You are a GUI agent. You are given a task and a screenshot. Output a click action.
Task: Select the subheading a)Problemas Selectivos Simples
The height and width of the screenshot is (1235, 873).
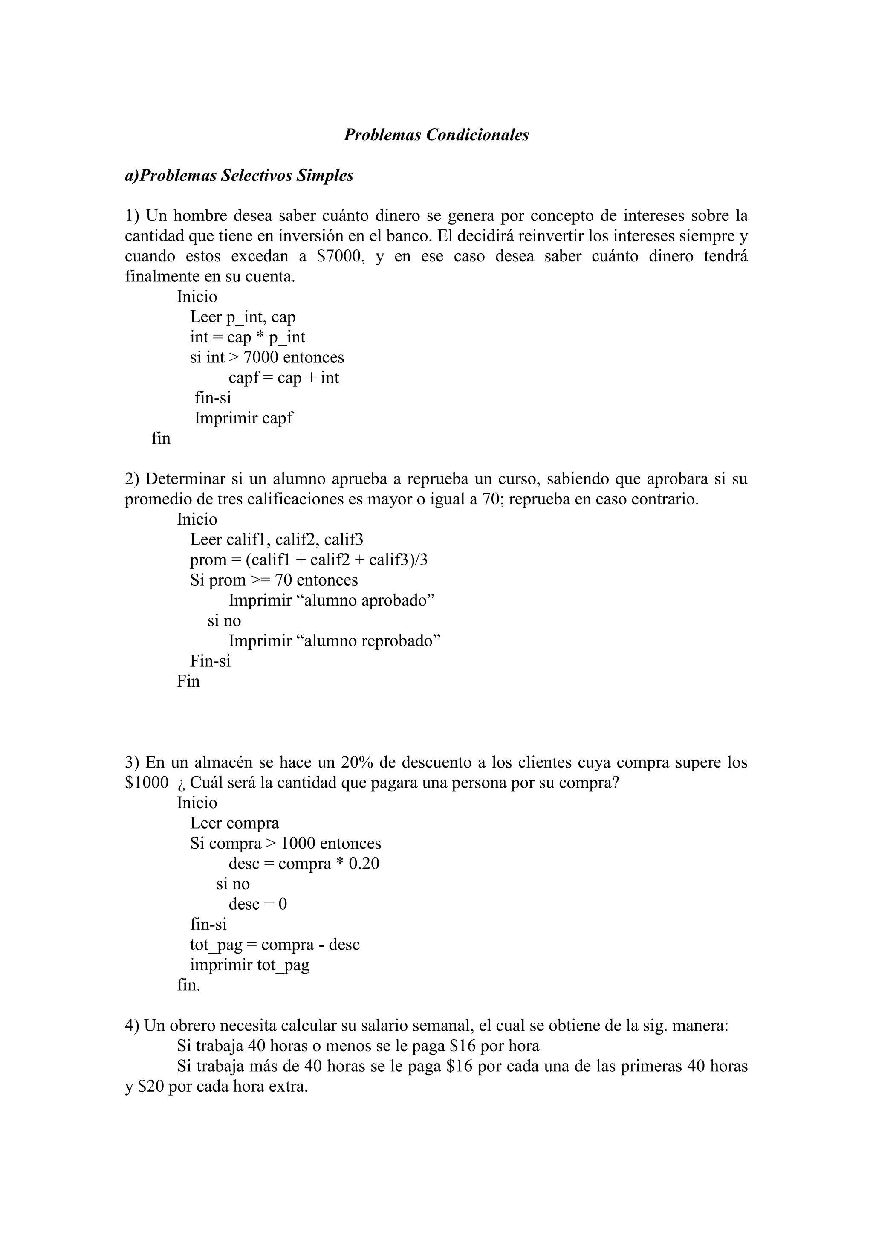pyautogui.click(x=239, y=175)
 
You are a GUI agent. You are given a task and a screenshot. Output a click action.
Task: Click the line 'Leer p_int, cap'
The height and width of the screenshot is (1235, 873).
pyautogui.click(x=243, y=317)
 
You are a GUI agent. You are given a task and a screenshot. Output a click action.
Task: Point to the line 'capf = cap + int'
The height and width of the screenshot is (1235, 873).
pyautogui.click(x=284, y=377)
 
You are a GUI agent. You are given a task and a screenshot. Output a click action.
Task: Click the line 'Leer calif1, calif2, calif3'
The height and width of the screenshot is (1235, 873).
pyautogui.click(x=276, y=539)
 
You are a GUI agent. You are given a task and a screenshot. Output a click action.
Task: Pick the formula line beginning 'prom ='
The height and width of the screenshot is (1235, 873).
pyautogui.click(x=309, y=560)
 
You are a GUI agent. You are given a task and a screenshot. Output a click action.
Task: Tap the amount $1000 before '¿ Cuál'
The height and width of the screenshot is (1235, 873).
pyautogui.click(x=146, y=783)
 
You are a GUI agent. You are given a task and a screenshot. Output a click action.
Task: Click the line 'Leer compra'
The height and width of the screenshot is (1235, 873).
pyautogui.click(x=234, y=823)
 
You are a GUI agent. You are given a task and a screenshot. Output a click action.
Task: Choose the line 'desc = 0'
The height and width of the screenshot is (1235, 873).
pyautogui.click(x=257, y=904)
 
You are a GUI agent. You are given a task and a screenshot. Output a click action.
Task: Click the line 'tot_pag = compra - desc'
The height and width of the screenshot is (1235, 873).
pyautogui.click(x=275, y=945)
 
